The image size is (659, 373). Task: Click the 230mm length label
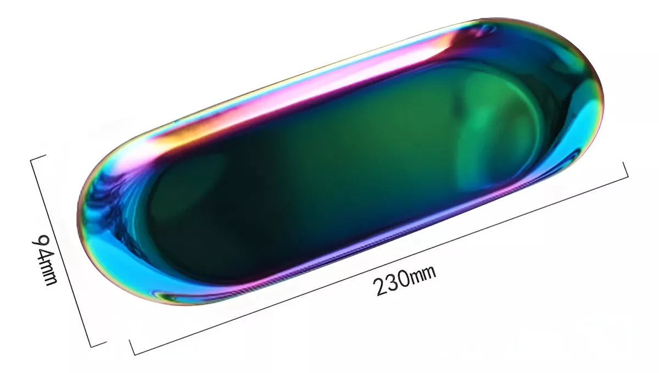(x=404, y=281)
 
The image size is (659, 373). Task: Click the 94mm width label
(x=44, y=260)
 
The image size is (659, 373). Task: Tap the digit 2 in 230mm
(x=381, y=287)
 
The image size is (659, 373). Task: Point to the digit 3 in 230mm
(x=393, y=282)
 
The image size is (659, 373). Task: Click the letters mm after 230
(x=423, y=274)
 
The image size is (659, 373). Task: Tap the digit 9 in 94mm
(x=40, y=241)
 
